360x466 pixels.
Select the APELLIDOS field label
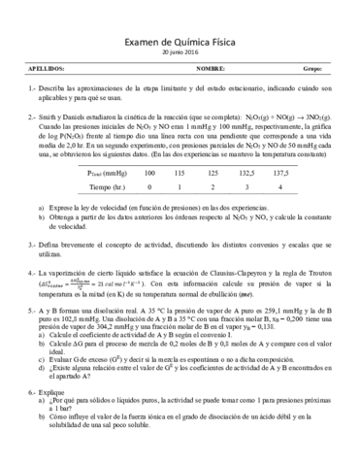[x=48, y=70]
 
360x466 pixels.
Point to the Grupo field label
[x=311, y=70]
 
